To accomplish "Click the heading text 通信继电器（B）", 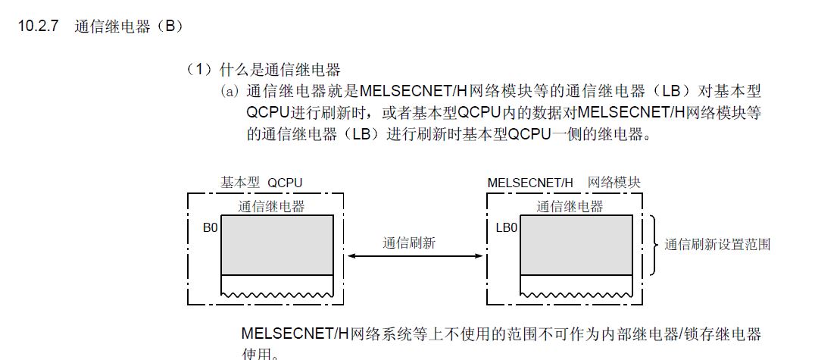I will click(x=130, y=26).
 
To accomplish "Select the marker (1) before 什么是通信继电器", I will click(x=198, y=70).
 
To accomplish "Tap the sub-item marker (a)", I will click(x=230, y=91).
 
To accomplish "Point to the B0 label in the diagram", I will click(x=210, y=226).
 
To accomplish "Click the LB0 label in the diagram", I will click(x=507, y=226).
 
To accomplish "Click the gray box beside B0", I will click(x=277, y=245).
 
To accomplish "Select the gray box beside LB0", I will click(x=576, y=245).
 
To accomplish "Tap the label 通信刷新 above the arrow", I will click(x=409, y=243).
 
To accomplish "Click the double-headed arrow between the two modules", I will click(x=414, y=257).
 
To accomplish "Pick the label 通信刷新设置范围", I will click(x=717, y=244).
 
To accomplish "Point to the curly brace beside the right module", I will click(x=653, y=245).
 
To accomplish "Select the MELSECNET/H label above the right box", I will click(x=530, y=183).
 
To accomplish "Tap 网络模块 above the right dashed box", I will click(x=614, y=183).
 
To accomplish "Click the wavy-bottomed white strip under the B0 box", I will click(x=277, y=285).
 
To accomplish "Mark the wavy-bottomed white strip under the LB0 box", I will click(x=576, y=285).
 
